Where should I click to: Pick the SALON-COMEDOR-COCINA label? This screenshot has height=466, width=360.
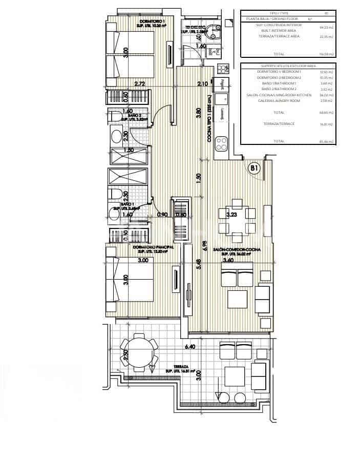(240, 249)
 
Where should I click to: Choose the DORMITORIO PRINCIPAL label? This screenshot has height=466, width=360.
(153, 247)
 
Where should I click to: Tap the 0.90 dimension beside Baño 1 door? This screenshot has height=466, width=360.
(163, 215)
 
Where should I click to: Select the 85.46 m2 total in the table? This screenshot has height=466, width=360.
(324, 141)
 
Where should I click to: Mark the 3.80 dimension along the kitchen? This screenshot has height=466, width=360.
(198, 113)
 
